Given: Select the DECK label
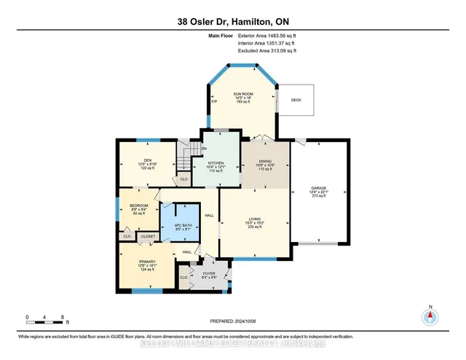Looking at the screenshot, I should tap(296, 100).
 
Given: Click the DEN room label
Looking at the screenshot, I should tap(147, 160).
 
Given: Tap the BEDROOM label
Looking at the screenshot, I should tap(138, 206).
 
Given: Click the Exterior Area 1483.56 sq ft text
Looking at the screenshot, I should tap(268, 35).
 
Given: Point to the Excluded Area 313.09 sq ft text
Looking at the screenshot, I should tap(268, 51).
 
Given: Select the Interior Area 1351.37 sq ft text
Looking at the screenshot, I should tap(268, 43).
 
